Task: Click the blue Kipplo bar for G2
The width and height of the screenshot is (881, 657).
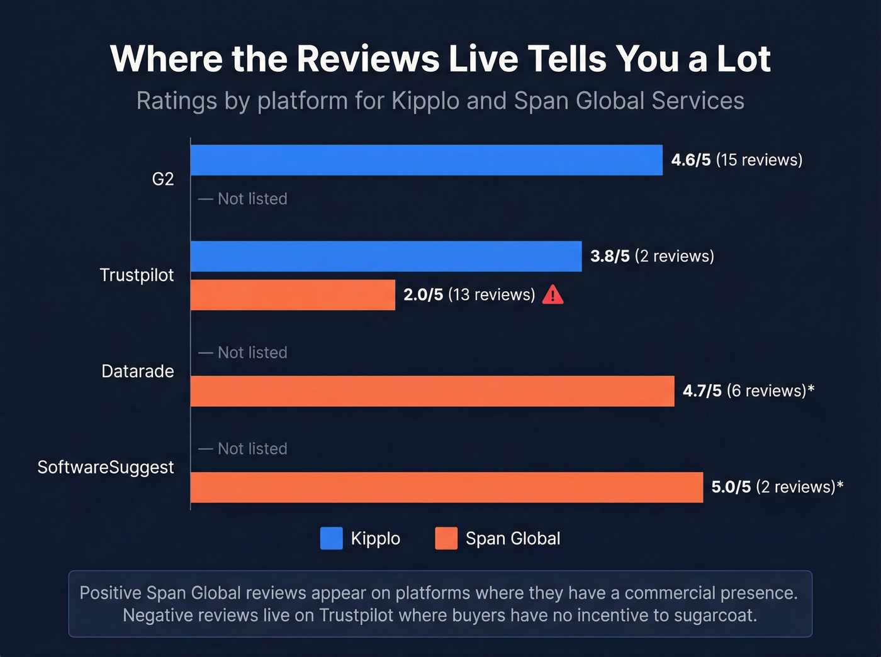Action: click(x=426, y=160)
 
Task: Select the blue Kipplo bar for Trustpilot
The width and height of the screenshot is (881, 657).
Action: click(x=386, y=256)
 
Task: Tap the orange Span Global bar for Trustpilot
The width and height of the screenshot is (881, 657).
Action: click(x=293, y=295)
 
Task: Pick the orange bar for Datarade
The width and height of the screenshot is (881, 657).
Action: click(x=432, y=391)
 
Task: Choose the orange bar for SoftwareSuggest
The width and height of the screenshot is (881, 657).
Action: click(x=446, y=487)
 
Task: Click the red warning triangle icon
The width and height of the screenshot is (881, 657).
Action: click(x=553, y=294)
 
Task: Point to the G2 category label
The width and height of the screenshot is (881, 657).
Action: click(x=162, y=179)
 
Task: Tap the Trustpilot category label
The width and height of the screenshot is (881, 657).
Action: click(x=137, y=275)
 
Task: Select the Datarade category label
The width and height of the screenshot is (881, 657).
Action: click(x=137, y=372)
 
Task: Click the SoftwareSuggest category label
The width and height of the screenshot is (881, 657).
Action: click(x=105, y=468)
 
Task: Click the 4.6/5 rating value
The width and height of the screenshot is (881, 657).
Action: click(x=690, y=160)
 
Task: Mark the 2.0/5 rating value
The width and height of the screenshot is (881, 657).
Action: click(x=423, y=295)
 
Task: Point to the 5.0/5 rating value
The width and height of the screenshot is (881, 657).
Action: click(x=731, y=487)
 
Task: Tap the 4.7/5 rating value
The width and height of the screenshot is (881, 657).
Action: click(x=702, y=391)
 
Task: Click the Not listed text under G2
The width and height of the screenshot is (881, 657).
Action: click(x=252, y=199)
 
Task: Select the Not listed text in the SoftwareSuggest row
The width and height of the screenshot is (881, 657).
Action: click(x=252, y=449)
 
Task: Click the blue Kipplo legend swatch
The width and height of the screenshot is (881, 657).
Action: click(x=331, y=539)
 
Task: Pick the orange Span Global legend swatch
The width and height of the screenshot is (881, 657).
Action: click(x=446, y=539)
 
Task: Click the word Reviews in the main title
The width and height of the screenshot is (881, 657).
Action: click(x=368, y=59)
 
